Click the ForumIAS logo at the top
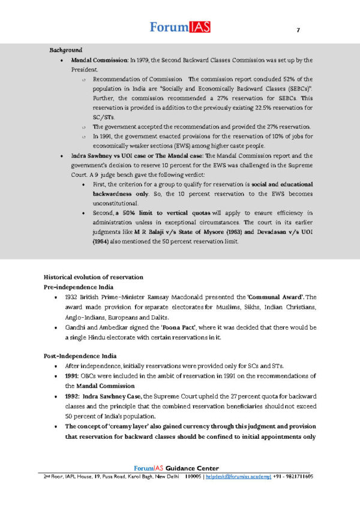pos(179,27)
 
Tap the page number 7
pos(298,31)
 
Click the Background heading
pos(66,50)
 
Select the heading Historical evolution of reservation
pos(94,277)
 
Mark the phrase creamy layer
pos(131,426)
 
